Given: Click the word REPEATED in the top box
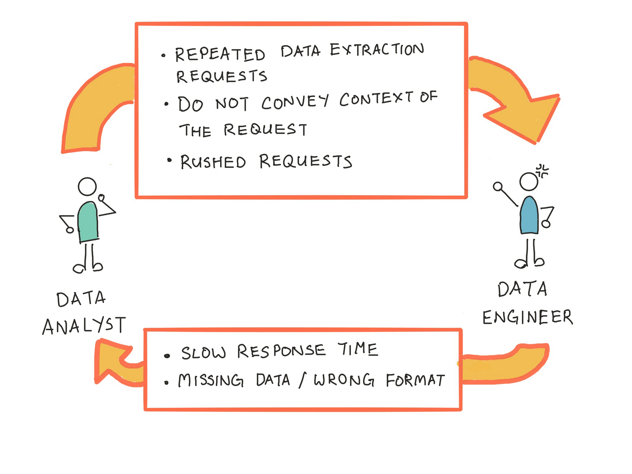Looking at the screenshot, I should [x=220, y=54].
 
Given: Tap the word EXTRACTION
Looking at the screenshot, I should [x=376, y=50].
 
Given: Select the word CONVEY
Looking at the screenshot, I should [x=294, y=102].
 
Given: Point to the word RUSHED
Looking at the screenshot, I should [x=213, y=162].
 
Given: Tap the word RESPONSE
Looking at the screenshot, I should [x=281, y=351].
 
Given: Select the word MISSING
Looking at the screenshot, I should [x=211, y=380].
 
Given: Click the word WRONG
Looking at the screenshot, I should [x=344, y=380].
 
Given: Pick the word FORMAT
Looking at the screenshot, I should [x=415, y=380].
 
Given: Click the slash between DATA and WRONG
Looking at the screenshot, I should [x=302, y=380].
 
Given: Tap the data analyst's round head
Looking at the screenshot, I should [x=87, y=186].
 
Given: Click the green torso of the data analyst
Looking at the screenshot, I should [x=88, y=222].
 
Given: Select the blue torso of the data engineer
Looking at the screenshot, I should [x=529, y=216].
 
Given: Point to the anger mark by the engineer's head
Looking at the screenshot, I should [x=542, y=171].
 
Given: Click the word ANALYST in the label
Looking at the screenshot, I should [x=84, y=326].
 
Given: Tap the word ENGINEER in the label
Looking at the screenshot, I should [x=527, y=317].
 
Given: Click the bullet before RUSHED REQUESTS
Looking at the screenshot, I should [x=169, y=160].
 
